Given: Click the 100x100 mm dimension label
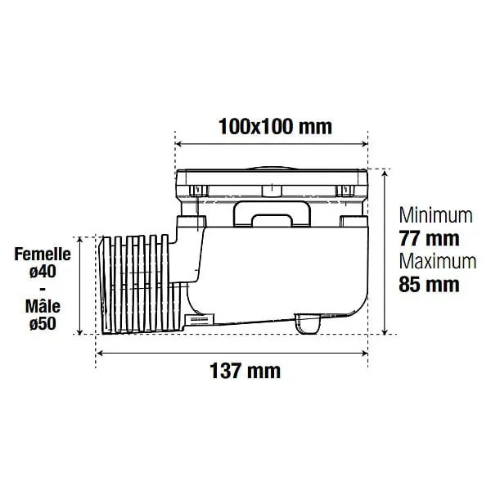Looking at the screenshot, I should pyautogui.click(x=274, y=127).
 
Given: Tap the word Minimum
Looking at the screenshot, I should pyautogui.click(x=435, y=215).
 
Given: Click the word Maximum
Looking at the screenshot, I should pyautogui.click(x=437, y=262).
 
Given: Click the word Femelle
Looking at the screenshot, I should pyautogui.click(x=42, y=255).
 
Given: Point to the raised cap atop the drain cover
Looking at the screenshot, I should pyautogui.click(x=273, y=163).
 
